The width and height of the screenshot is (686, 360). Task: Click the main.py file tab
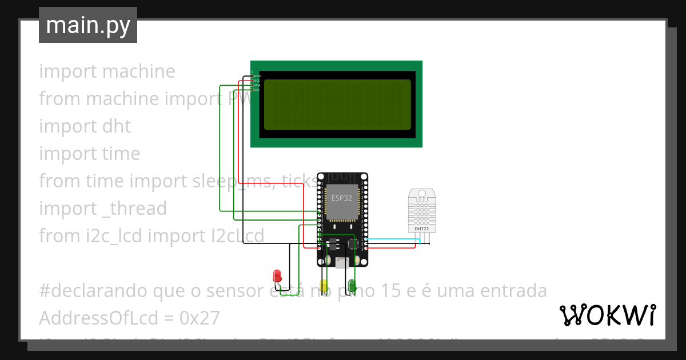[87, 25]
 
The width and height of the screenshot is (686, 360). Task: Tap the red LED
[277, 275]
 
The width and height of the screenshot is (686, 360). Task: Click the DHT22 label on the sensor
[422, 229]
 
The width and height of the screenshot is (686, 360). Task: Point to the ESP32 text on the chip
[341, 198]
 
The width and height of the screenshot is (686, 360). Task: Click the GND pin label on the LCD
[257, 76]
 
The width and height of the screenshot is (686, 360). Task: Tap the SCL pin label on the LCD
[257, 90]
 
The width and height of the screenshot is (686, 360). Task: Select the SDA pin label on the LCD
[257, 85]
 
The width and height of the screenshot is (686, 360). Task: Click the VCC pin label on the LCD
[257, 81]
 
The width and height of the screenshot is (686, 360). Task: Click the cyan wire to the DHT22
[394, 239]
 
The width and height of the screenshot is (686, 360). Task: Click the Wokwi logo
[607, 315]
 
